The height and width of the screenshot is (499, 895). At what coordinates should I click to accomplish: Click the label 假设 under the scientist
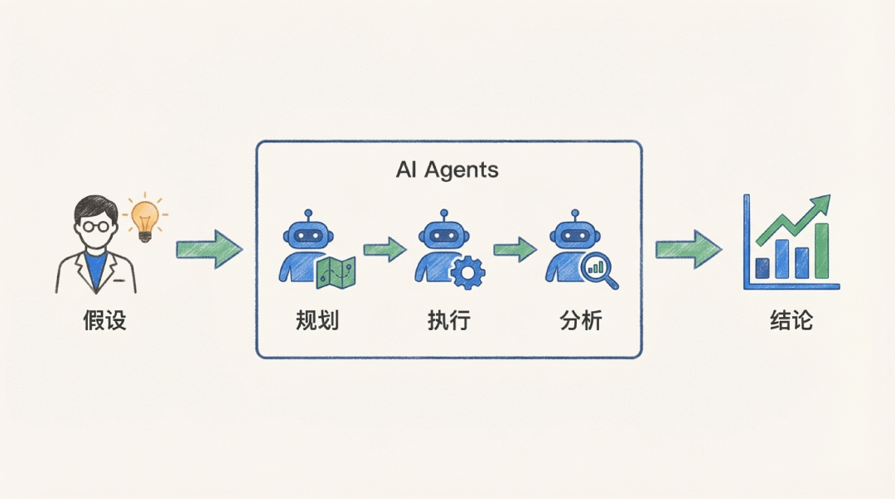click(x=104, y=320)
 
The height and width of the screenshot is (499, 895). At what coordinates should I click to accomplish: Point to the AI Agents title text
click(x=447, y=170)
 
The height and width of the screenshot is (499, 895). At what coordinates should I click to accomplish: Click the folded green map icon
click(x=336, y=273)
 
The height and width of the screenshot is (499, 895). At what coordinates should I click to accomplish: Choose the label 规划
click(x=317, y=320)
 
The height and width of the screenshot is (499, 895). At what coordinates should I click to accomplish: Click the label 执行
click(x=448, y=320)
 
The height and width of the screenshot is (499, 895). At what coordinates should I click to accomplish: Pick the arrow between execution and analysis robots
click(x=515, y=249)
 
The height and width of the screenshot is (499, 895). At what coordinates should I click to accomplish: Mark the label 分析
click(x=580, y=320)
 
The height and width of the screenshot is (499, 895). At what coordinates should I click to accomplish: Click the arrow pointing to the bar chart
click(x=687, y=249)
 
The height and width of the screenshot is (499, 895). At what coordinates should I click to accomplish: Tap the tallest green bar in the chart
click(x=821, y=250)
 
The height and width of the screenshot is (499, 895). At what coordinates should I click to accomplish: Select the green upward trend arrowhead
click(x=820, y=204)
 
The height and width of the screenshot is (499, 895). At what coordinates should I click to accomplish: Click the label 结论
click(x=791, y=320)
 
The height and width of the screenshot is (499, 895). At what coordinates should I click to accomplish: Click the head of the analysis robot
click(x=568, y=233)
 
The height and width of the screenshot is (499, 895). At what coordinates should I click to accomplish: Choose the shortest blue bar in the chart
click(x=762, y=268)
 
